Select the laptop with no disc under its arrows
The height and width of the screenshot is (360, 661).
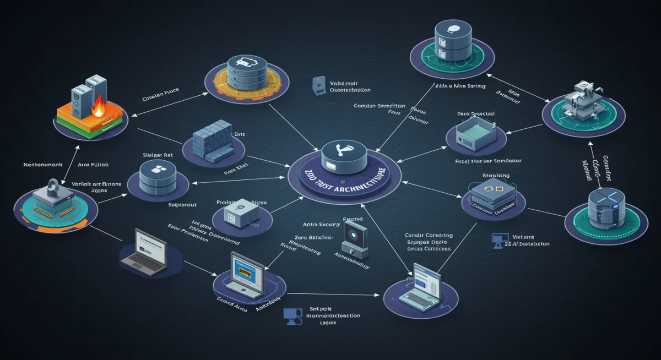tap(143, 252)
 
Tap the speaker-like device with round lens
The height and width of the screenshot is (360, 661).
tap(353, 238)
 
